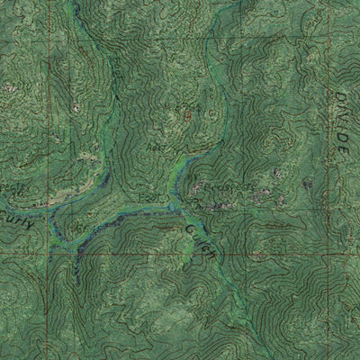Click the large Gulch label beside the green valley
[x=200, y=237]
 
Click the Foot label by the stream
[x=148, y=197]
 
